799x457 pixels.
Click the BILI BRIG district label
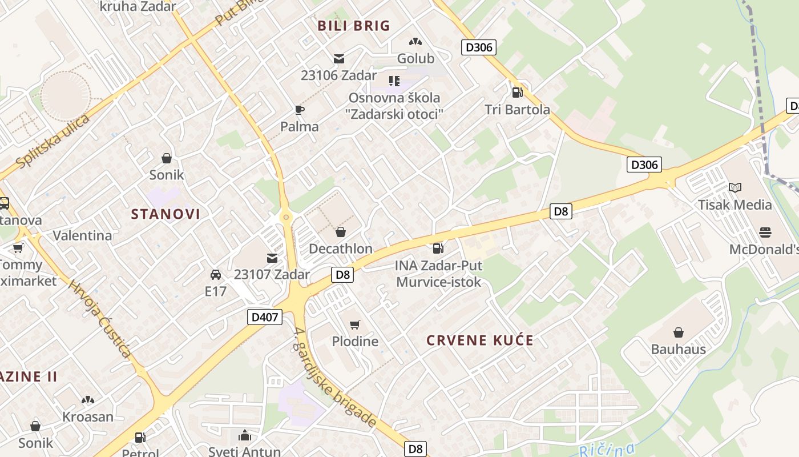[x=354, y=26]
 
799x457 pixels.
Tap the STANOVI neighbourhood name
[x=166, y=214]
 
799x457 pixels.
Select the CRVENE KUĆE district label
[x=480, y=340]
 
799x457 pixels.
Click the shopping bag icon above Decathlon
[x=341, y=231]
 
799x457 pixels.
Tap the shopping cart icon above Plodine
[x=355, y=324]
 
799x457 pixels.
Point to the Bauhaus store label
[x=679, y=349]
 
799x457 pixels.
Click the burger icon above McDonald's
[x=765, y=232]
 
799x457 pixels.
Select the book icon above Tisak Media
[x=735, y=187]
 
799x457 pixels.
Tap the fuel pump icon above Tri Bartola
[x=517, y=91]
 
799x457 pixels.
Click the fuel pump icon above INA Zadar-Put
[x=438, y=248]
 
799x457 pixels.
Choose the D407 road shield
[x=265, y=316]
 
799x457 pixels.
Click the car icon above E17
[x=216, y=275]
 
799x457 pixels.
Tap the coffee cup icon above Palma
[x=300, y=110]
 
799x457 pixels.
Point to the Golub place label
[x=415, y=58]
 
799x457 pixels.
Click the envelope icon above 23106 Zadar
[x=339, y=58]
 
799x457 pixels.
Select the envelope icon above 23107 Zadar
[x=272, y=258]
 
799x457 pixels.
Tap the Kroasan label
[x=88, y=416]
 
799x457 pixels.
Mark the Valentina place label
[x=82, y=235]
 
